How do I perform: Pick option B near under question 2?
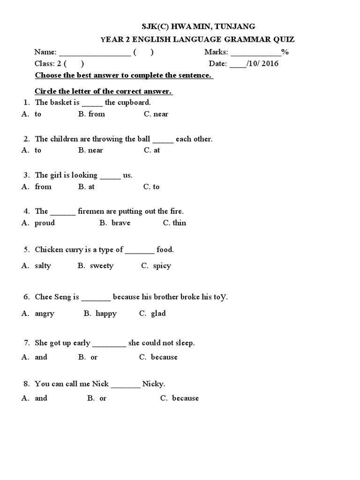click(x=90, y=150)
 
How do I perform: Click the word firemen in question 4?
click(x=91, y=211)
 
